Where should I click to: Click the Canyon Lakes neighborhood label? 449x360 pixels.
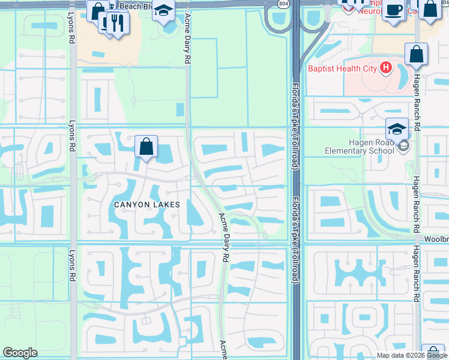pyautogui.click(x=147, y=205)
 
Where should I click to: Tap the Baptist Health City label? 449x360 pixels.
pyautogui.click(x=342, y=68)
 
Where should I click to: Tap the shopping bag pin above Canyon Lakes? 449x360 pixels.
pyautogui.click(x=146, y=146)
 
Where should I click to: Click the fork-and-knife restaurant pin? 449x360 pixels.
pyautogui.click(x=117, y=23)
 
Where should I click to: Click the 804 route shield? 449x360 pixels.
pyautogui.click(x=283, y=4)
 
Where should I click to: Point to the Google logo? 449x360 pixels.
pyautogui.click(x=20, y=353)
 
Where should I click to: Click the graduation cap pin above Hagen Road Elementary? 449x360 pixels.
pyautogui.click(x=397, y=129)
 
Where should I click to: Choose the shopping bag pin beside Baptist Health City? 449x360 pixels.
pyautogui.click(x=416, y=55)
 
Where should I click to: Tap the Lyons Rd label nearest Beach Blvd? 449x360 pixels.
pyautogui.click(x=71, y=31)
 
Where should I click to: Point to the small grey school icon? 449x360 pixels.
pyautogui.click(x=404, y=145)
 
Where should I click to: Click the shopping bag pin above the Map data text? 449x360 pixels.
pyautogui.click(x=433, y=353)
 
